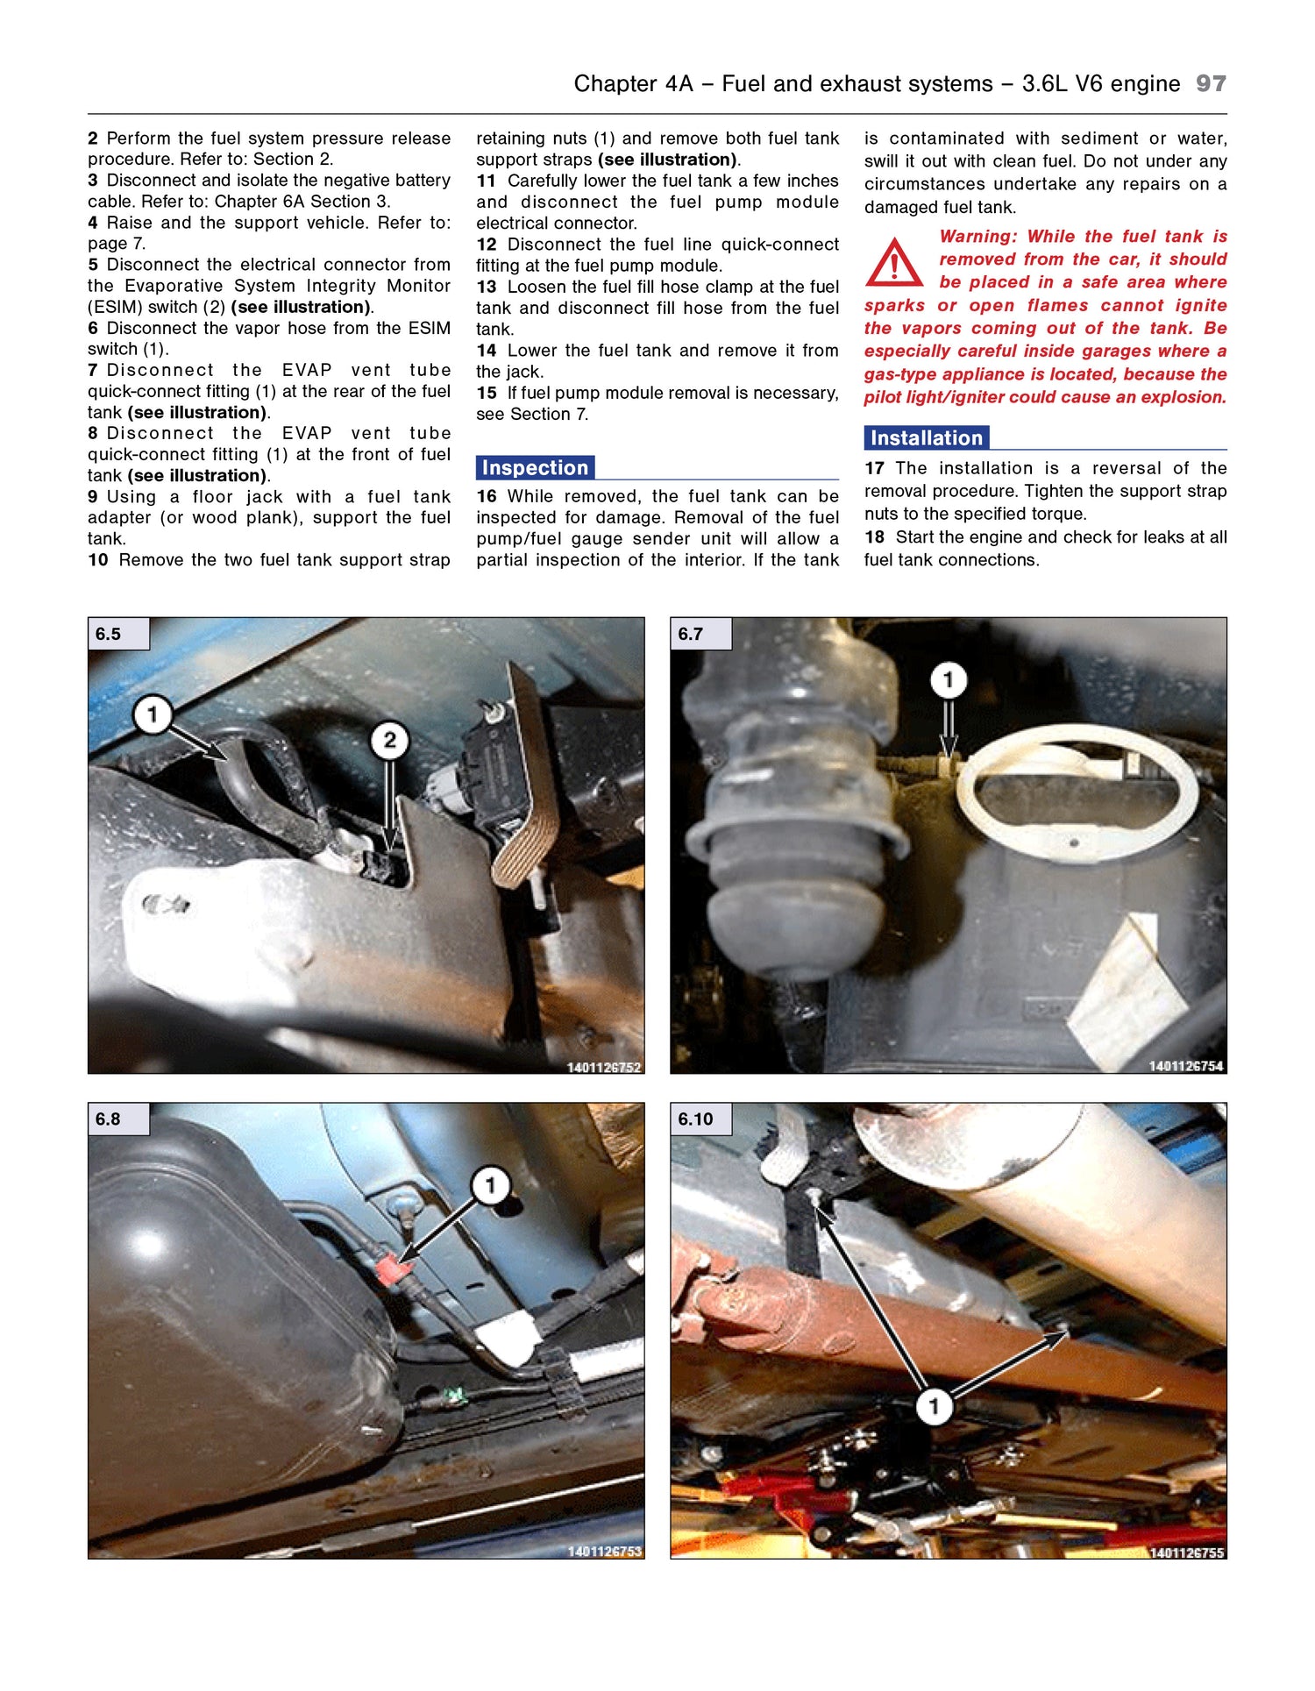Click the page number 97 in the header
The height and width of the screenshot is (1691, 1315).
[x=1211, y=83]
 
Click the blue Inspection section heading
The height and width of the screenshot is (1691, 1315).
[x=535, y=467]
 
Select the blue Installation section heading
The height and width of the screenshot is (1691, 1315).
[x=926, y=437]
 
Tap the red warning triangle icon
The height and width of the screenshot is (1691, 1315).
[x=893, y=263]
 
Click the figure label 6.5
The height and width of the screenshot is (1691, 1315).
[x=109, y=634]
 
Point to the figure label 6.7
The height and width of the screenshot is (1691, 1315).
[x=691, y=634]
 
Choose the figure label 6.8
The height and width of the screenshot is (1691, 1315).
[x=109, y=1119]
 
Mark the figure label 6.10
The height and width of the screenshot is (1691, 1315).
[x=695, y=1119]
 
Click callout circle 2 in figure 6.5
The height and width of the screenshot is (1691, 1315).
[x=389, y=741]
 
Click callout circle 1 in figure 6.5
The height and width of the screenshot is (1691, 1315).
[x=152, y=714]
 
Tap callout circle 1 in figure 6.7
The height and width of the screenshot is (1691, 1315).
[x=948, y=680]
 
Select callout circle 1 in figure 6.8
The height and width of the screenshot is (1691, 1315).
[x=490, y=1186]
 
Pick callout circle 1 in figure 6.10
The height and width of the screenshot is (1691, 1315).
[x=934, y=1407]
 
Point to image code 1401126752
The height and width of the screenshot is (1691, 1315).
[x=604, y=1067]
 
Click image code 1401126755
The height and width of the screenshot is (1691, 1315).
[x=1186, y=1552]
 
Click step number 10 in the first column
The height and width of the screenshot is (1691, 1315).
[x=97, y=559]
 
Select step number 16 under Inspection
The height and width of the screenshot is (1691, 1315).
[x=487, y=496]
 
